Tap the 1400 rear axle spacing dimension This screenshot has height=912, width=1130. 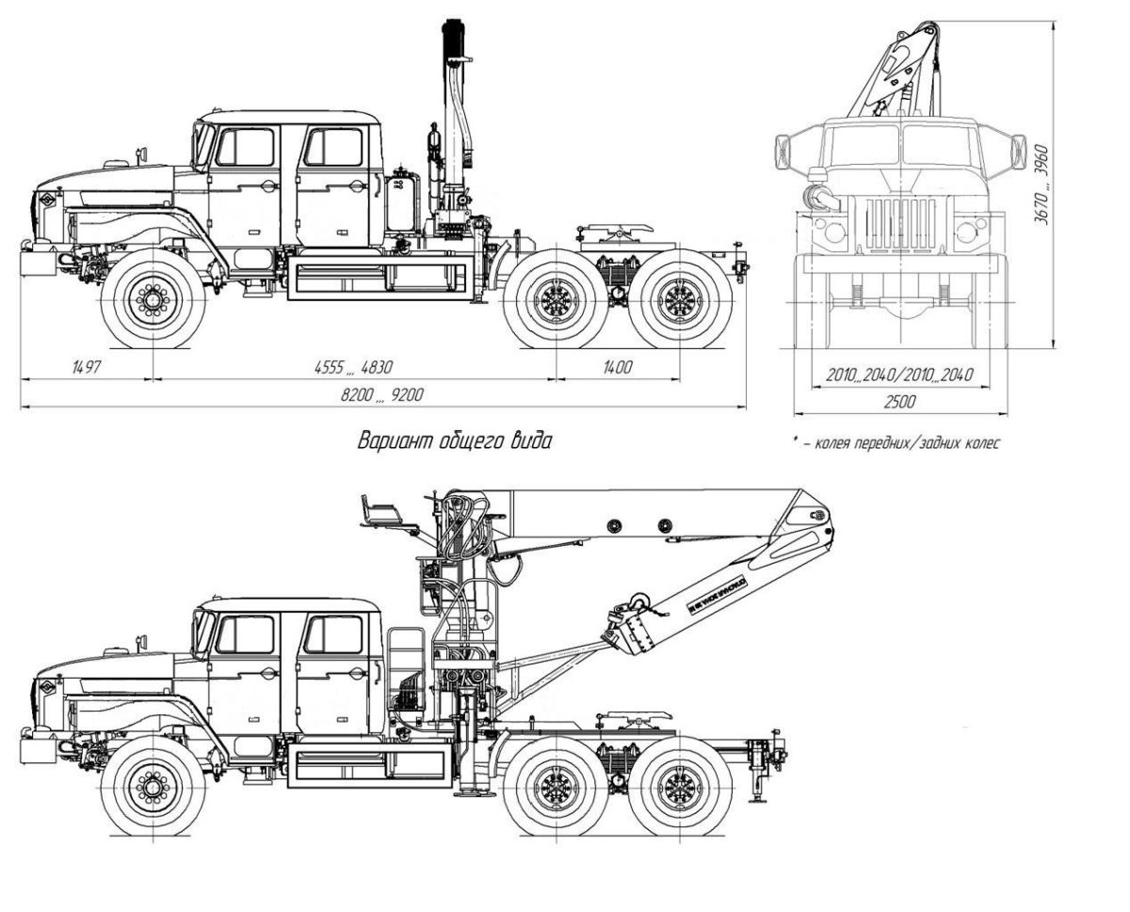pyautogui.click(x=618, y=367)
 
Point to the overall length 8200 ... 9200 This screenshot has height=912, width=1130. pyautogui.click(x=381, y=396)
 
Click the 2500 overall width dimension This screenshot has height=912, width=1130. pyautogui.click(x=899, y=401)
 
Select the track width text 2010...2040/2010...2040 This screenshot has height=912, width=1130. pyautogui.click(x=899, y=376)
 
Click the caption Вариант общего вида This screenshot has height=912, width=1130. pyautogui.click(x=454, y=440)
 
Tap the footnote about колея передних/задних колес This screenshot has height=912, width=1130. pyautogui.click(x=896, y=442)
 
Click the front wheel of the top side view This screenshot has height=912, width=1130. pyautogui.click(x=152, y=299)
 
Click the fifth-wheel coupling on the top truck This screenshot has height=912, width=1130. pyautogui.click(x=613, y=234)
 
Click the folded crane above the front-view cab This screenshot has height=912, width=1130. pyautogui.click(x=895, y=71)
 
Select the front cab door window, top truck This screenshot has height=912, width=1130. pyautogui.click(x=244, y=148)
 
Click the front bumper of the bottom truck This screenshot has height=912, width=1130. pyautogui.click(x=35, y=747)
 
